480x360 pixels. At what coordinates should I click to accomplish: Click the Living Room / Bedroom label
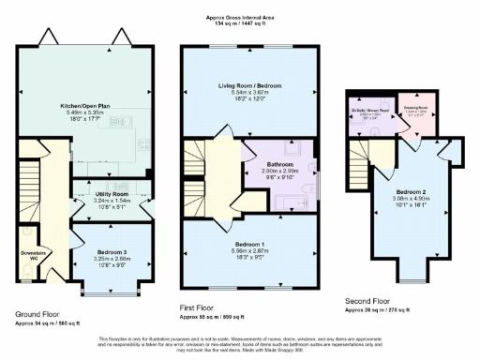(x=248, y=85)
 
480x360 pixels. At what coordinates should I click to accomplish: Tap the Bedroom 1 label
(x=249, y=244)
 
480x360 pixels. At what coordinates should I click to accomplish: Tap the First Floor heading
(x=198, y=307)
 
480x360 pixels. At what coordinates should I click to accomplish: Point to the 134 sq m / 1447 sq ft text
(x=240, y=24)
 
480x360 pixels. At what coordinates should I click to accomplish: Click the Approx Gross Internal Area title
(x=240, y=18)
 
